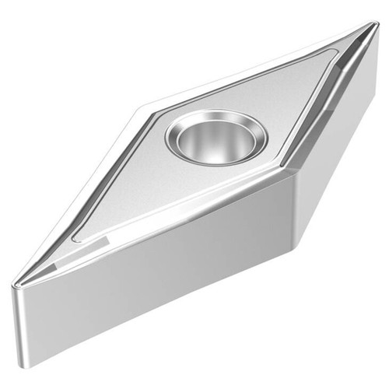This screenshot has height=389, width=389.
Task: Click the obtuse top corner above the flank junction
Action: (x=290, y=174)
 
